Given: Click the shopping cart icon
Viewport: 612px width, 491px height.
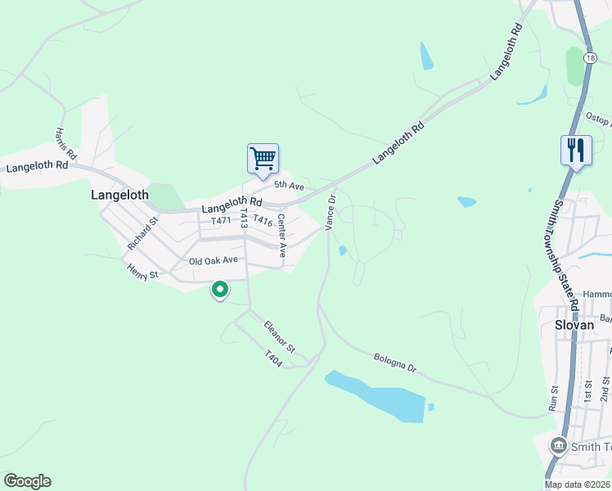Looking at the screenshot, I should point(263,158).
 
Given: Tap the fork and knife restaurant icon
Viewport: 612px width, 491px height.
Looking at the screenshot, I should point(576,150).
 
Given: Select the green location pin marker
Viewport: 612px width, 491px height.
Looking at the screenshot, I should point(220,290).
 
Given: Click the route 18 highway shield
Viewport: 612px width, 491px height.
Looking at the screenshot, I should point(591,58).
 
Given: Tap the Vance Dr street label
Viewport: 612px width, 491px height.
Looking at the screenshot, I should point(331,212).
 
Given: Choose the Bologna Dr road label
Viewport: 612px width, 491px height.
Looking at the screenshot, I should point(395,363).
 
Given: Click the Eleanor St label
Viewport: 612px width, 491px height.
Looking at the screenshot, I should point(279,336).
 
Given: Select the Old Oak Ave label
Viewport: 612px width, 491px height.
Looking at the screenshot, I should point(213,260).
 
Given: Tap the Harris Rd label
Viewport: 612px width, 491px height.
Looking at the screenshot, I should point(65,143).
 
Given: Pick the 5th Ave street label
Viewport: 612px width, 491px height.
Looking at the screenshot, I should point(289,187).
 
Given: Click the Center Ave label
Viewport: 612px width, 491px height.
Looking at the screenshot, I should point(281,236).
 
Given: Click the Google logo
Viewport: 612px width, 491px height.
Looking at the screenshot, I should point(27,481).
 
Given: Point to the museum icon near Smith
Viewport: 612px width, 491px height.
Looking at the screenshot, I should point(558,445).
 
